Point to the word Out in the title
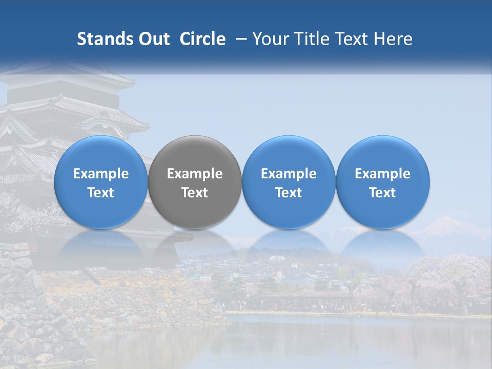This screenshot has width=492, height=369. (x=153, y=39)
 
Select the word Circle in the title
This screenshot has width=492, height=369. (x=202, y=39)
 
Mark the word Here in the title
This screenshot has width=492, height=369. (x=394, y=39)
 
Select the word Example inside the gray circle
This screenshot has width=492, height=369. (x=195, y=174)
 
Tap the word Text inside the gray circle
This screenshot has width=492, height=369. (x=195, y=193)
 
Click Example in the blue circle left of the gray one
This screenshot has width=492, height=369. (x=101, y=174)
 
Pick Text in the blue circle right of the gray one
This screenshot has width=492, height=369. (x=289, y=193)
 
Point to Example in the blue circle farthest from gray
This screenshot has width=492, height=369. (x=383, y=174)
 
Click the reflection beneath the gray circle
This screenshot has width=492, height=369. (x=195, y=243)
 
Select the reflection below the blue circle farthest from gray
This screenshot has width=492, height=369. (x=383, y=243)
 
